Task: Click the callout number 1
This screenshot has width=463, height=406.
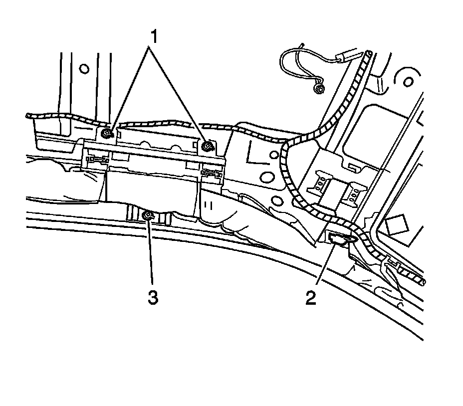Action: click(x=155, y=36)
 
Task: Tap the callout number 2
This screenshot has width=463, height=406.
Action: click(x=311, y=298)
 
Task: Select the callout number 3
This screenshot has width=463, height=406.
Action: click(x=152, y=298)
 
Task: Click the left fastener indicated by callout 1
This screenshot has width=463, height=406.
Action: click(x=107, y=133)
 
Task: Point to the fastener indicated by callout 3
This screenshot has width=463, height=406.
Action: click(x=148, y=215)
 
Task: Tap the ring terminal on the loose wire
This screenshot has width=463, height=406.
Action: click(x=319, y=89)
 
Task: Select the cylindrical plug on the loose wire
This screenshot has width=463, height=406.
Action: click(x=346, y=59)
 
